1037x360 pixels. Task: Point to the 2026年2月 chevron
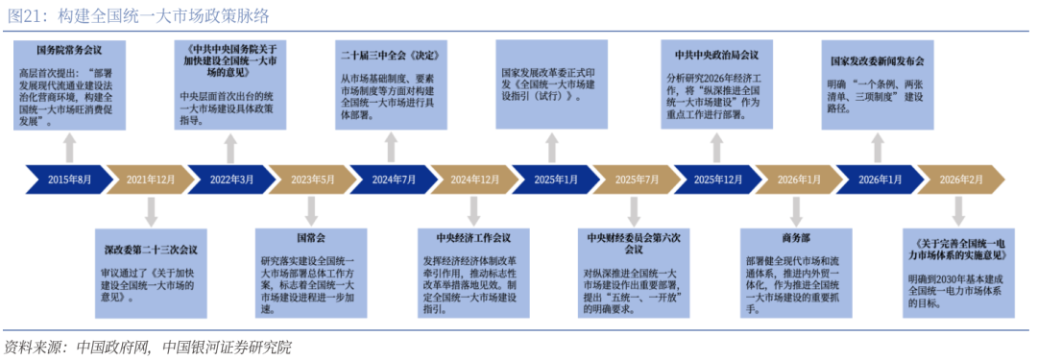click(961, 180)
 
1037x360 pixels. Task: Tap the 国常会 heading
click(311, 235)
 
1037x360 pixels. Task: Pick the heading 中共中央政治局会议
click(716, 55)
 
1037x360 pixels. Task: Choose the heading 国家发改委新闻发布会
click(878, 60)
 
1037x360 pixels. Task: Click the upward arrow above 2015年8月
click(68, 148)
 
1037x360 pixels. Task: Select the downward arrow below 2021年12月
click(151, 210)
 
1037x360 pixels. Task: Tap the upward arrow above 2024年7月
click(391, 148)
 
